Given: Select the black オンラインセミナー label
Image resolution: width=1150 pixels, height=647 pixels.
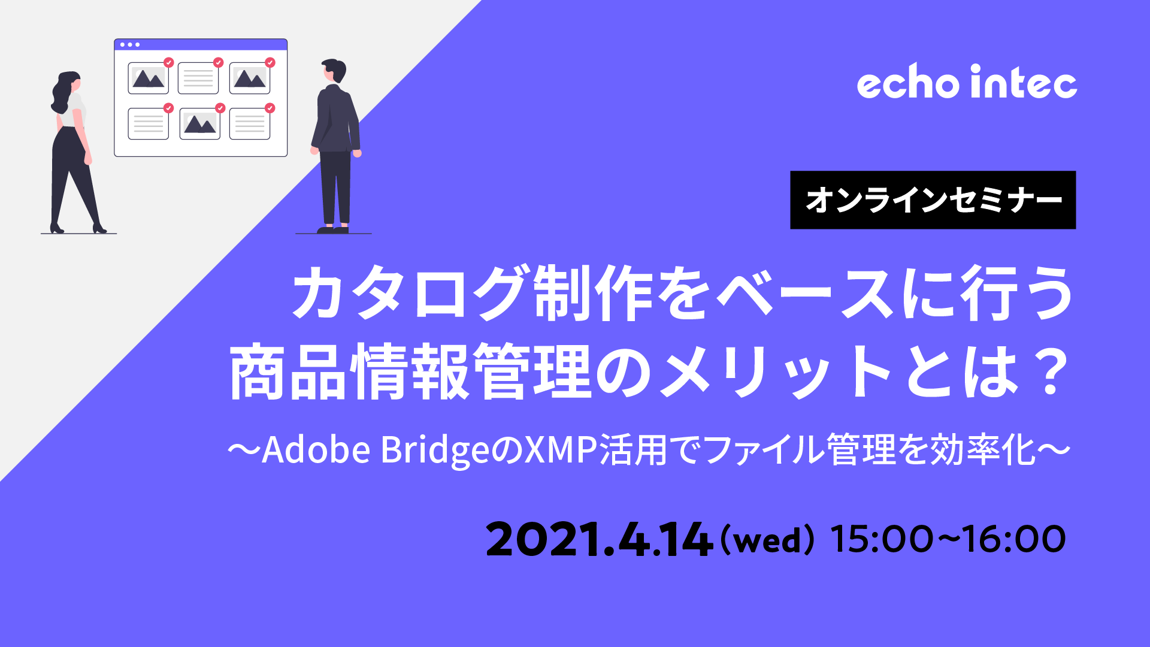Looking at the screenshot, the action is pyautogui.click(x=933, y=200).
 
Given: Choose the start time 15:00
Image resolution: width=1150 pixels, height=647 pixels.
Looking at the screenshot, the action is pyautogui.click(x=882, y=539).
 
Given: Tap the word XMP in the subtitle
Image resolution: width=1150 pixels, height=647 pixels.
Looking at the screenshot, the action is pyautogui.click(x=561, y=449).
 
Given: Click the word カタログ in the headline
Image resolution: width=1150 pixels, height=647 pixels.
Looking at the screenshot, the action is pyautogui.click(x=410, y=293).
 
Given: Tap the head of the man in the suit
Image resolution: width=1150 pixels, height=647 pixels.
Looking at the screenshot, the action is pyautogui.click(x=334, y=71).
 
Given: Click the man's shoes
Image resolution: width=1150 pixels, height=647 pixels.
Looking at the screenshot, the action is pyautogui.click(x=333, y=229).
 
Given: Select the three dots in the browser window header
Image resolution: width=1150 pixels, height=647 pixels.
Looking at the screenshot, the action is pyautogui.click(x=129, y=45).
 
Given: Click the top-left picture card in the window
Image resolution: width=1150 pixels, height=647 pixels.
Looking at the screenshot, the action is pyautogui.click(x=148, y=78).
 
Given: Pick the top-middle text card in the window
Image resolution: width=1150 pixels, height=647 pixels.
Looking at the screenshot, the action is pyautogui.click(x=198, y=78).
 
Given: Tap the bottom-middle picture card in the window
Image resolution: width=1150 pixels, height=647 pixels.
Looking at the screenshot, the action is pyautogui.click(x=200, y=124).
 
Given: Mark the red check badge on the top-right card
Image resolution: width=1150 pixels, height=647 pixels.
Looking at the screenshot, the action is pyautogui.click(x=270, y=62).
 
